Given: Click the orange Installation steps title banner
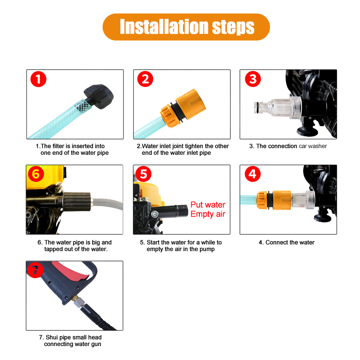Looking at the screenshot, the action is pos(186,27).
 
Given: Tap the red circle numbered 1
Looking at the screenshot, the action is pos(38,79).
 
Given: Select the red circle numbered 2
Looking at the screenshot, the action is pos(145,79).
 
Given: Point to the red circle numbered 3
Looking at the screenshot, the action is pos(253,79).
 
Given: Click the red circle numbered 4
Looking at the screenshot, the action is pos(252,174).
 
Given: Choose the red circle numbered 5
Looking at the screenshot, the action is pos(144,174).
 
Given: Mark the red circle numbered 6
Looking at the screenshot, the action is pos(36,174).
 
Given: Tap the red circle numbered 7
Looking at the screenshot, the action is pos(35,270).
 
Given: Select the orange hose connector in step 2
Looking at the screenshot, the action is pos(183,108).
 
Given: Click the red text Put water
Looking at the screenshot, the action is pos(208,205).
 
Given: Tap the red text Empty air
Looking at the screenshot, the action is pos(208,214).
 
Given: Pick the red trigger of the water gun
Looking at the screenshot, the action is pos(72,272).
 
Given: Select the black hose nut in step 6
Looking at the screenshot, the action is pos(76,202).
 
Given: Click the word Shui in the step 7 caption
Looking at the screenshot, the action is pos(51,337).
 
